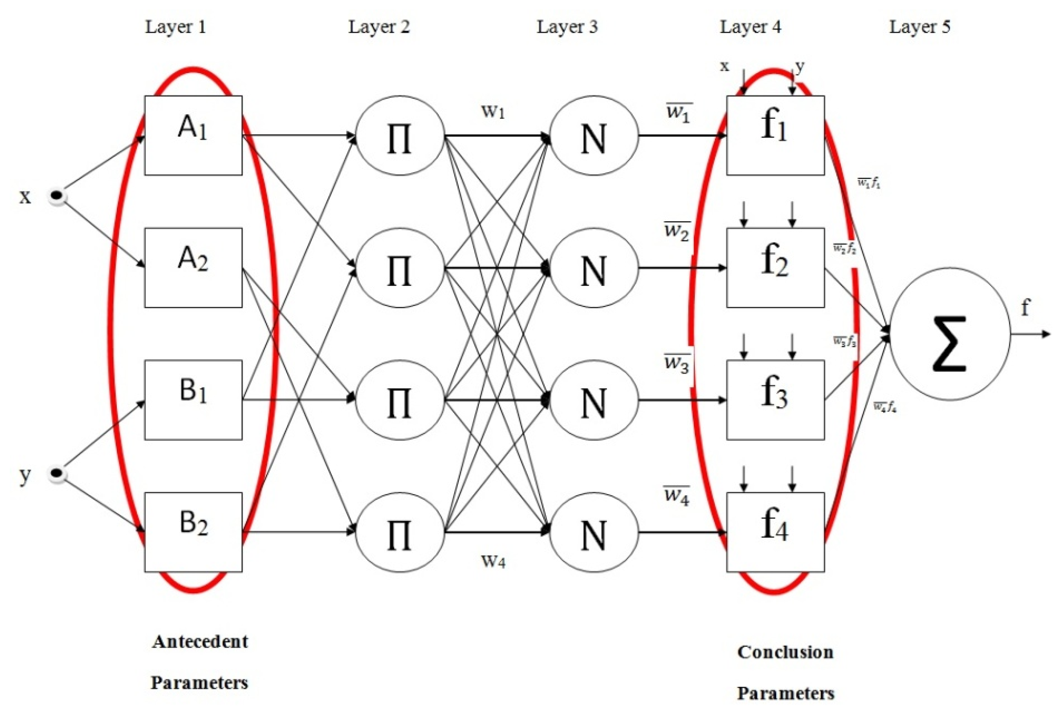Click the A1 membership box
pyautogui.click(x=193, y=135)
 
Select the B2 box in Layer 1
pyautogui.click(x=193, y=532)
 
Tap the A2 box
pyautogui.click(x=193, y=267)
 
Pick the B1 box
pyautogui.click(x=193, y=400)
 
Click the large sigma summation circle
pyautogui.click(x=949, y=334)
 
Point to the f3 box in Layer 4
pyautogui.click(x=775, y=400)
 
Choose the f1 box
pyautogui.click(x=775, y=135)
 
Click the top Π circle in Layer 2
pyautogui.click(x=400, y=136)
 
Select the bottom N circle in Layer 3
pyautogui.click(x=594, y=532)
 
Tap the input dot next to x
pyautogui.click(x=57, y=196)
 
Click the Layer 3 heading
pyautogui.click(x=567, y=27)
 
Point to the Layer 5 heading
pyautogui.click(x=920, y=27)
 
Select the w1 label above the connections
pyautogui.click(x=493, y=112)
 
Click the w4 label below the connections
pyautogui.click(x=493, y=561)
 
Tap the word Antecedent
pyautogui.click(x=200, y=641)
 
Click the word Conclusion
pyautogui.click(x=785, y=652)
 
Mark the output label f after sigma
pyautogui.click(x=1025, y=307)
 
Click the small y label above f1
pyautogui.click(x=800, y=67)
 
